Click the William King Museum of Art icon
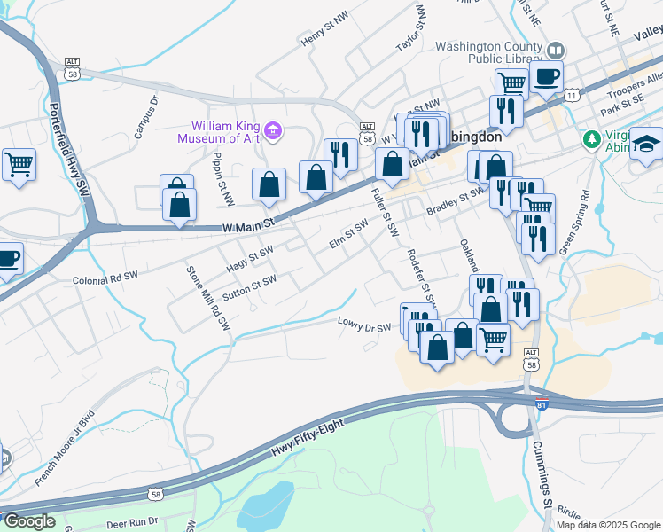273,133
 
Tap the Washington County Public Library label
487,52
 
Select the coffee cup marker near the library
546,77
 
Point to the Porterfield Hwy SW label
70,150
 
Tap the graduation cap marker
648,145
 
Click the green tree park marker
591,139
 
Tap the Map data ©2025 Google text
608,525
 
